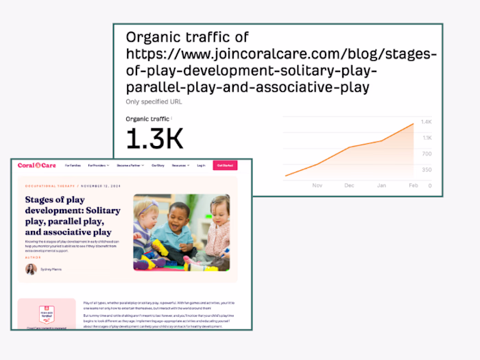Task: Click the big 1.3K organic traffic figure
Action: click(x=155, y=139)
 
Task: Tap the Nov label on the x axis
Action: click(x=317, y=185)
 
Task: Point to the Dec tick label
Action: click(x=349, y=185)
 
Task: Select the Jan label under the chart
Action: click(x=381, y=185)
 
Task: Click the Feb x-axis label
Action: click(x=413, y=185)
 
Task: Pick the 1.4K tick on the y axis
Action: click(x=427, y=121)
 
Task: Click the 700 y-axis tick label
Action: click(x=427, y=154)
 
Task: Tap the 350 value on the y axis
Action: click(x=427, y=169)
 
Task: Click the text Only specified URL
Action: click(x=154, y=102)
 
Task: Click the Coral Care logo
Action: click(x=36, y=165)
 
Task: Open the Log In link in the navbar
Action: click(x=201, y=165)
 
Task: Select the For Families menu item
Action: click(x=73, y=165)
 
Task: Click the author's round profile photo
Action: click(x=31, y=269)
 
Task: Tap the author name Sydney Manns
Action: click(x=51, y=269)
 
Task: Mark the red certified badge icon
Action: click(x=47, y=316)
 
